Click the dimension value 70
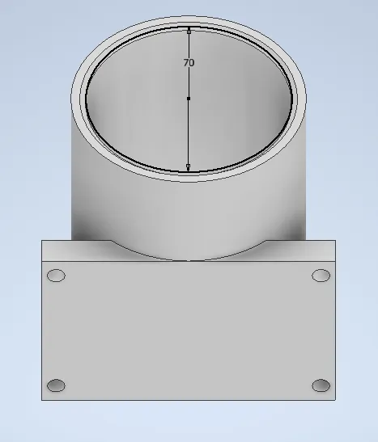(x=189, y=62)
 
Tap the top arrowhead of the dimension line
(x=189, y=32)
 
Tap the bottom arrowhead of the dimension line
(x=189, y=167)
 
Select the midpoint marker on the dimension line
(x=189, y=99)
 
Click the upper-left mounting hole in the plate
(x=56, y=276)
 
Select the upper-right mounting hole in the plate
(x=321, y=276)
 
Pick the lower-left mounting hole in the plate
(x=56, y=385)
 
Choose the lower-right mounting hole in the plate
(x=321, y=385)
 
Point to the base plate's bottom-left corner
(x=42, y=399)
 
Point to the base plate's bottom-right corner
(x=335, y=399)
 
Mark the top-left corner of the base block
(x=42, y=240)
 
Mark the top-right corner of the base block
(x=335, y=240)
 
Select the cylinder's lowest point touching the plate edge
(x=189, y=260)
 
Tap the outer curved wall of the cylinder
(x=121, y=202)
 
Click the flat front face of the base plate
(x=189, y=331)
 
